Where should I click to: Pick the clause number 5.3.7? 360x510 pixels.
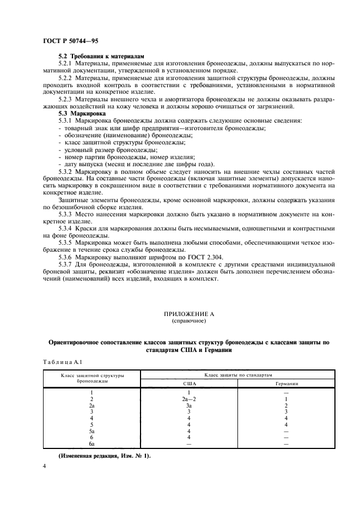(66, 264)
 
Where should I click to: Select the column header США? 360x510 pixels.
(188, 384)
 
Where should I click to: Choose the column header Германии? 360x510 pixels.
(286, 384)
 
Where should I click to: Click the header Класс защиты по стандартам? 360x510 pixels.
(238, 375)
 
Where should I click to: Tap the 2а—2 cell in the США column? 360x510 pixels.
(188, 399)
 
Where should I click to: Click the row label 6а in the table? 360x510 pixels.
(91, 444)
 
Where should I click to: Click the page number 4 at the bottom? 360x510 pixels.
(45, 467)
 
